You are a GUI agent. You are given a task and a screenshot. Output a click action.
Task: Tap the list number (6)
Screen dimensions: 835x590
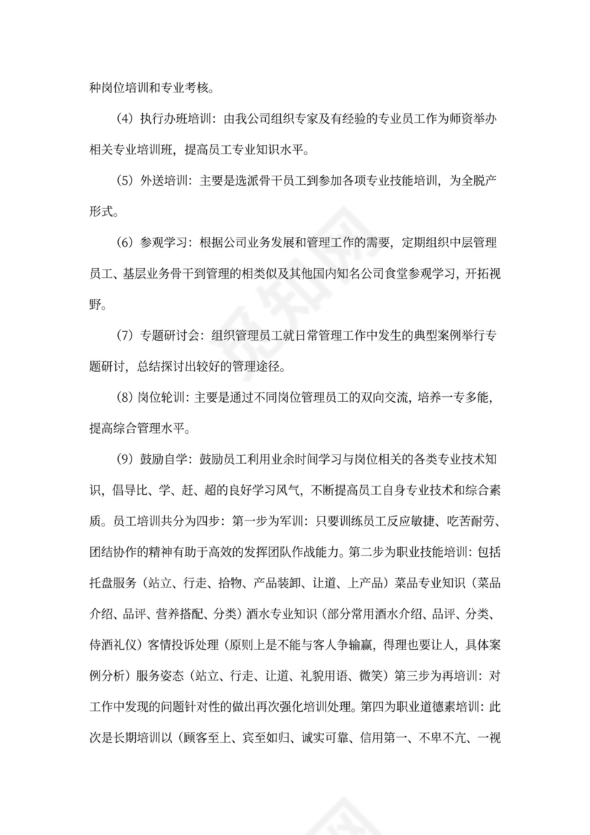[124, 243]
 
